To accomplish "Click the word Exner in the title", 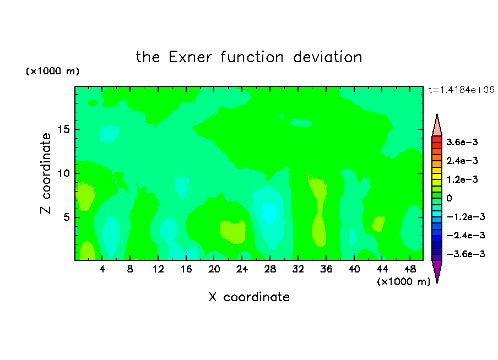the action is (x=190, y=57).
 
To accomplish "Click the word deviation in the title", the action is (x=327, y=57).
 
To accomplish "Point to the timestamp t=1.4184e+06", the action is (x=461, y=90).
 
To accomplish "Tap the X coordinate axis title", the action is (x=249, y=297).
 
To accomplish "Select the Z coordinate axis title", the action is (x=46, y=173).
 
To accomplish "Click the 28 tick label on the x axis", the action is (x=270, y=269).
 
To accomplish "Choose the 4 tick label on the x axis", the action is (x=102, y=269).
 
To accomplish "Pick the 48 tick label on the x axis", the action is (x=410, y=269).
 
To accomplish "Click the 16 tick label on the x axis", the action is (x=186, y=269).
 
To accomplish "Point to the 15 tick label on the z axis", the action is (x=64, y=129).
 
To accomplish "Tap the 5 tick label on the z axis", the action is (x=67, y=217).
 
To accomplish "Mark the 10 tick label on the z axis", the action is (x=64, y=173).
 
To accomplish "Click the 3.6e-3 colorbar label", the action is (x=462, y=142).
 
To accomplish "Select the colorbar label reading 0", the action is (x=449, y=198).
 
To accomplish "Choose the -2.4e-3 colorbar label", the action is (x=465, y=235).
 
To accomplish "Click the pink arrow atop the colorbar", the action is (x=437, y=125).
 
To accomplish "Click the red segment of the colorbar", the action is (x=437, y=139).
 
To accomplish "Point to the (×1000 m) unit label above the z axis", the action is (x=52, y=71).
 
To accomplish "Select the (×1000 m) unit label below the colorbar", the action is (x=403, y=282).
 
